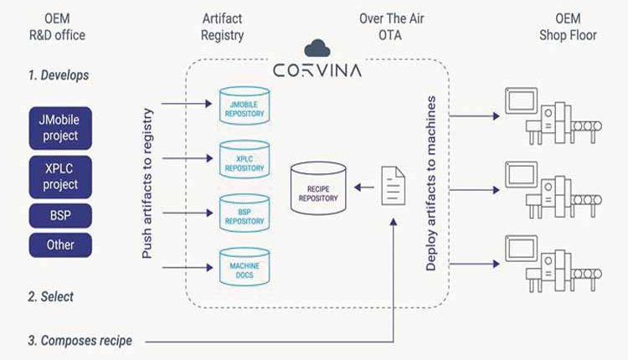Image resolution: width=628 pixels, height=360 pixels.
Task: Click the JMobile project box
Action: pos(60,128)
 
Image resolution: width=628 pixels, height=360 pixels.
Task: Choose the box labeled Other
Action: pos(60,244)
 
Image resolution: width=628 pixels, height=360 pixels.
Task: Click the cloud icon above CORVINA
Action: pos(317,48)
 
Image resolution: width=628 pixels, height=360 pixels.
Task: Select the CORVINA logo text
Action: pos(317,70)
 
